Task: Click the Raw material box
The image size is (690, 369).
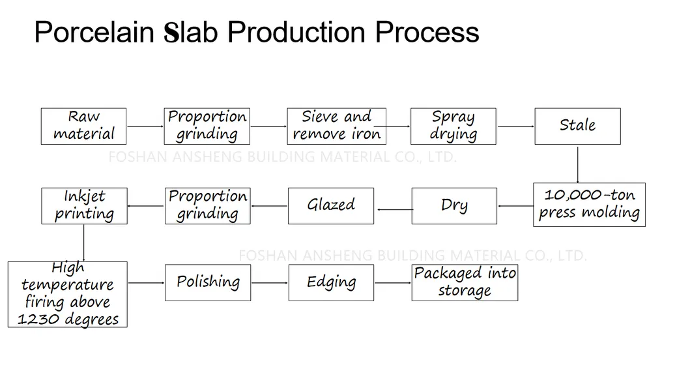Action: tap(83, 126)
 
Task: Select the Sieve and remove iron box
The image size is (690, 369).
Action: tap(336, 126)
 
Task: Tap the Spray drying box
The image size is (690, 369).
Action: tap(453, 126)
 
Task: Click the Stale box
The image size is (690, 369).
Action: tap(577, 126)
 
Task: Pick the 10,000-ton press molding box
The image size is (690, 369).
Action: tap(589, 205)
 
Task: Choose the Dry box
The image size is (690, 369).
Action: tap(453, 205)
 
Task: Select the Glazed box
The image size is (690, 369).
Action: tap(331, 205)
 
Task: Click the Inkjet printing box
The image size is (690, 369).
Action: tap(84, 205)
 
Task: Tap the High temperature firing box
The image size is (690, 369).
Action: tap(68, 294)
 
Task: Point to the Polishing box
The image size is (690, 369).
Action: tap(207, 282)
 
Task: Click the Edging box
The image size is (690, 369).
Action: tap(331, 282)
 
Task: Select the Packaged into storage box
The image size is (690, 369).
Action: tap(465, 282)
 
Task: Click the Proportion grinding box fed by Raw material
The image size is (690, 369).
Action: tap(207, 126)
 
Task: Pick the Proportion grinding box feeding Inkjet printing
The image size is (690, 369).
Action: tap(207, 205)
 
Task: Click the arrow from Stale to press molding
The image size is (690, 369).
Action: tap(577, 164)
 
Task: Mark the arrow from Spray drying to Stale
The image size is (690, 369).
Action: tap(515, 126)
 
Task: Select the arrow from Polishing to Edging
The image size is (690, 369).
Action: tap(269, 283)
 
